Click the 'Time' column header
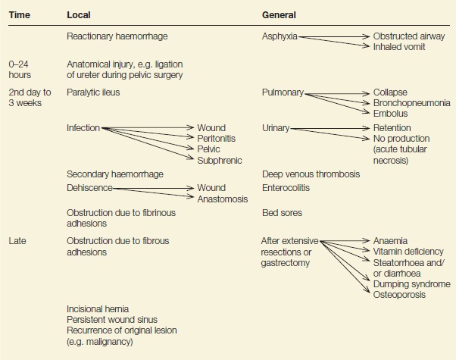tap(20, 15)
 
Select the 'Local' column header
tap(79, 15)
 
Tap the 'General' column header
tap(279, 15)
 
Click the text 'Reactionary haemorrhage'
tap(117, 36)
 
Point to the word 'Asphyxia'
tap(280, 36)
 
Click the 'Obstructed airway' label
tap(409, 36)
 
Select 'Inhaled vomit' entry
tap(399, 46)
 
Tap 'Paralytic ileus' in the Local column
tap(93, 92)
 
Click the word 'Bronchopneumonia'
tap(412, 103)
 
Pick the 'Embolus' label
tap(390, 113)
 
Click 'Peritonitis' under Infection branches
tap(217, 138)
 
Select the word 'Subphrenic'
tap(220, 161)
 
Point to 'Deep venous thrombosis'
tap(311, 174)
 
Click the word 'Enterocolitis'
tap(286, 188)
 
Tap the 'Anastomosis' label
tap(223, 199)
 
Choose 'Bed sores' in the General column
tap(282, 213)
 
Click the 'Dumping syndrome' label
tap(412, 284)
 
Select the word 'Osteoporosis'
tap(399, 295)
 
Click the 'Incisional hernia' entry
tap(98, 308)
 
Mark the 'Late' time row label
tap(17, 241)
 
